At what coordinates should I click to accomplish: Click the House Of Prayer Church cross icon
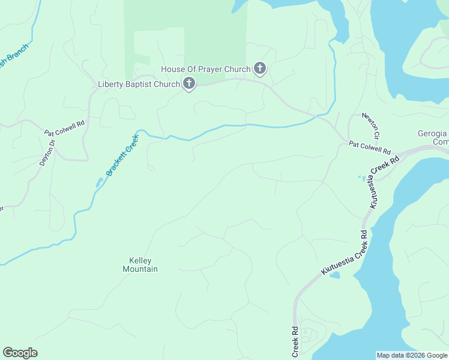pyautogui.click(x=259, y=68)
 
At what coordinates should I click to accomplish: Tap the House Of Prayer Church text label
pyautogui.click(x=206, y=69)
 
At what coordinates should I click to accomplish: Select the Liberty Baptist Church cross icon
pyautogui.click(x=189, y=84)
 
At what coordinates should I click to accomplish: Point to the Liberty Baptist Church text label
pyautogui.click(x=139, y=85)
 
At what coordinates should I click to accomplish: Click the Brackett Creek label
pyautogui.click(x=122, y=155)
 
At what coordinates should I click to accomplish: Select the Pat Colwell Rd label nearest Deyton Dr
pyautogui.click(x=65, y=127)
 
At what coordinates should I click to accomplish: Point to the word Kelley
pyautogui.click(x=140, y=260)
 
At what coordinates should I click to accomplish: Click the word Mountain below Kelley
pyautogui.click(x=140, y=269)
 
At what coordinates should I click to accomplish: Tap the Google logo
pyautogui.click(x=20, y=353)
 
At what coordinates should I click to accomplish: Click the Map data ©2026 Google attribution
pyautogui.click(x=412, y=355)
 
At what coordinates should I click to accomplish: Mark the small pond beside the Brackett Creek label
pyautogui.click(x=98, y=182)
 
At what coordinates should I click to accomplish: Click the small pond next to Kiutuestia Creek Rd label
pyautogui.click(x=334, y=275)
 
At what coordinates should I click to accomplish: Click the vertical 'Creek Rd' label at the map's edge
pyautogui.click(x=295, y=343)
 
